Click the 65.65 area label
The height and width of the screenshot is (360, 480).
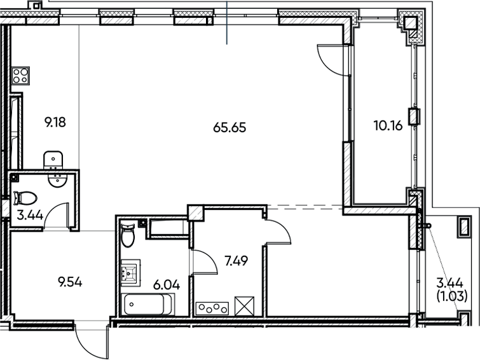[x=229, y=127]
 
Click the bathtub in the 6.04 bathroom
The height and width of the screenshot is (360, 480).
[x=144, y=304]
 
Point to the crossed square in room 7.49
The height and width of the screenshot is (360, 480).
[x=244, y=305]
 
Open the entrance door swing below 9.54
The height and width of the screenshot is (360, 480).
[x=89, y=340]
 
